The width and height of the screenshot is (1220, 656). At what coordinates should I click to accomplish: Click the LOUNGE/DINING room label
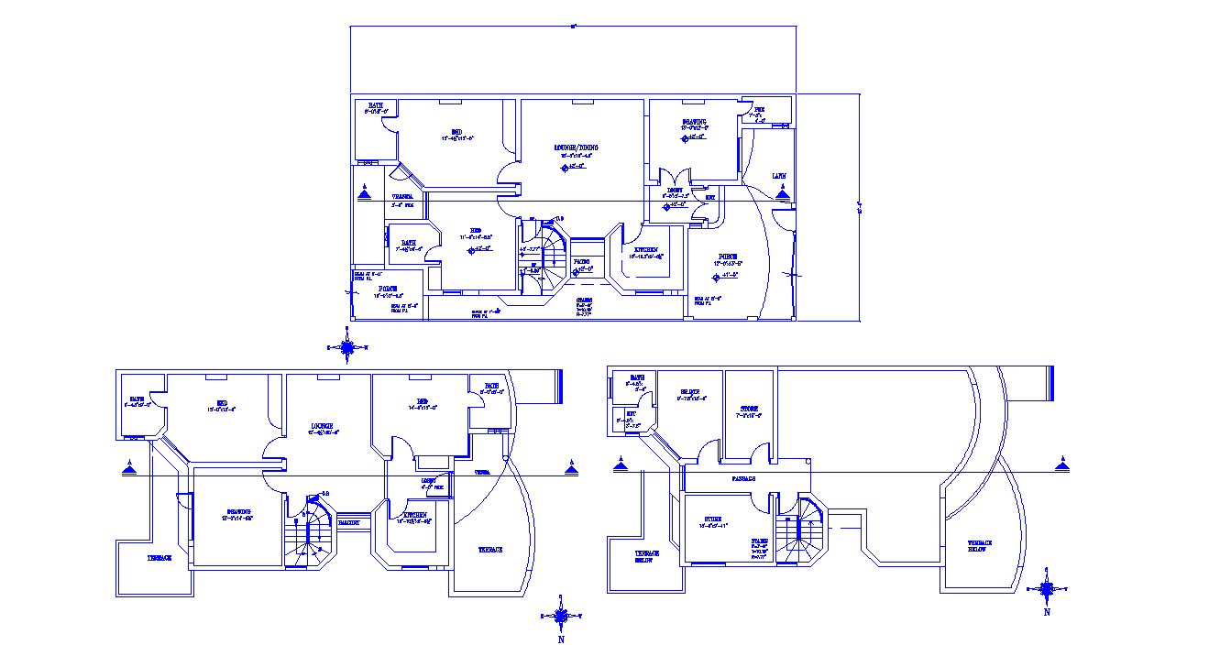[x=577, y=147]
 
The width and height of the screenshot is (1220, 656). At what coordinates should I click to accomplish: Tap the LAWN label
[x=778, y=176]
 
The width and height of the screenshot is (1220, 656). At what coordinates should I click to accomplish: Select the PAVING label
[x=581, y=261]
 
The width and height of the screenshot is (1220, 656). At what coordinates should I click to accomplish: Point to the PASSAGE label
[x=743, y=478]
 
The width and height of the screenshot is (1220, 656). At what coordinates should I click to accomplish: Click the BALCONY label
[x=348, y=522]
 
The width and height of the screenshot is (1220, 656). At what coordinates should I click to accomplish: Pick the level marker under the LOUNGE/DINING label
[x=576, y=166]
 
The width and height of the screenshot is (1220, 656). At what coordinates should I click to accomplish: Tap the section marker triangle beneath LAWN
[x=782, y=193]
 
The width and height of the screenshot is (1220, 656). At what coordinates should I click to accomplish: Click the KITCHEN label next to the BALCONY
[x=414, y=515]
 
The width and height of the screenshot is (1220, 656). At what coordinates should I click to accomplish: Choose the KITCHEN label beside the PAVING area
[x=646, y=250]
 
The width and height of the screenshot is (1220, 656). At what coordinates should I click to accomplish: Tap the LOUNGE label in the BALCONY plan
[x=321, y=426]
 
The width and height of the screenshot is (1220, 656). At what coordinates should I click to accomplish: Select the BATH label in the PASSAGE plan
[x=636, y=377]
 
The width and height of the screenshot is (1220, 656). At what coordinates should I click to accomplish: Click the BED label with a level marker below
[x=476, y=230]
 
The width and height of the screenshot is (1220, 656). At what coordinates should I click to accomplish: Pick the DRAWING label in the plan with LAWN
[x=694, y=122]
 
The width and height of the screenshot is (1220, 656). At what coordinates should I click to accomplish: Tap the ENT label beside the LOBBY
[x=709, y=197]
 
